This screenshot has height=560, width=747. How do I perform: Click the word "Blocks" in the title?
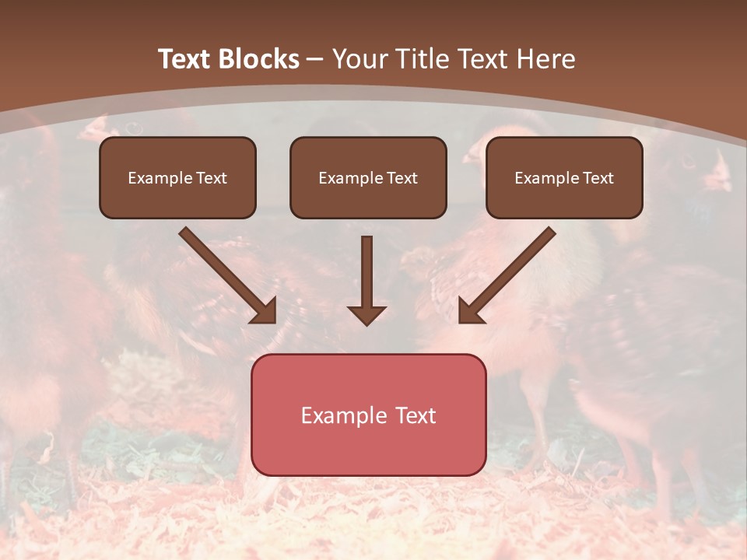coord(261,59)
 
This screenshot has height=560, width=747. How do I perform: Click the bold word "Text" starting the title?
coord(187,59)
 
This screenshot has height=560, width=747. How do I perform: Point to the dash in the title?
coord(315,60)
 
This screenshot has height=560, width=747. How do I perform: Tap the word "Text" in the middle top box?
coord(402,178)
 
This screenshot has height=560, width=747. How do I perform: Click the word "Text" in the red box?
coord(416,415)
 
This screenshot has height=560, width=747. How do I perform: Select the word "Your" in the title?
coord(358,59)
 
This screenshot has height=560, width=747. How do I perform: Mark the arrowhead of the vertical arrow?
coord(366,315)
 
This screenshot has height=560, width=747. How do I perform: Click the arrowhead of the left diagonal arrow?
coord(265,311)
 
